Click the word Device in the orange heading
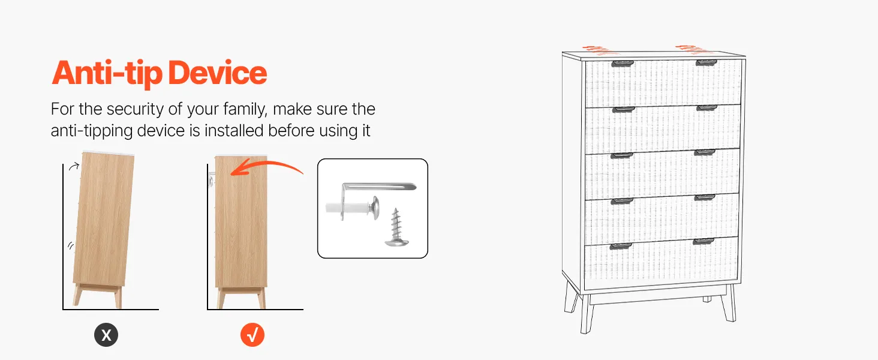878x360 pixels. pyautogui.click(x=217, y=73)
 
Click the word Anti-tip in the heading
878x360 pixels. pyautogui.click(x=107, y=74)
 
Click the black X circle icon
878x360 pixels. pyautogui.click(x=106, y=335)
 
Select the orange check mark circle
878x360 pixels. pyautogui.click(x=252, y=335)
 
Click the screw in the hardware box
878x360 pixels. pyautogui.click(x=396, y=227)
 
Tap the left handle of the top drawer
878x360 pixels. pyautogui.click(x=623, y=64)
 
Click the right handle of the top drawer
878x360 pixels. pyautogui.click(x=706, y=63)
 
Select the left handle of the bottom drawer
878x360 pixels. pyautogui.click(x=621, y=246)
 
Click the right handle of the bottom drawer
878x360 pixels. pyautogui.click(x=703, y=241)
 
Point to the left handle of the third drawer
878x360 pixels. pyautogui.click(x=622, y=155)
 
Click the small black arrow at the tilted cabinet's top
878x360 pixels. pyautogui.click(x=74, y=167)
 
